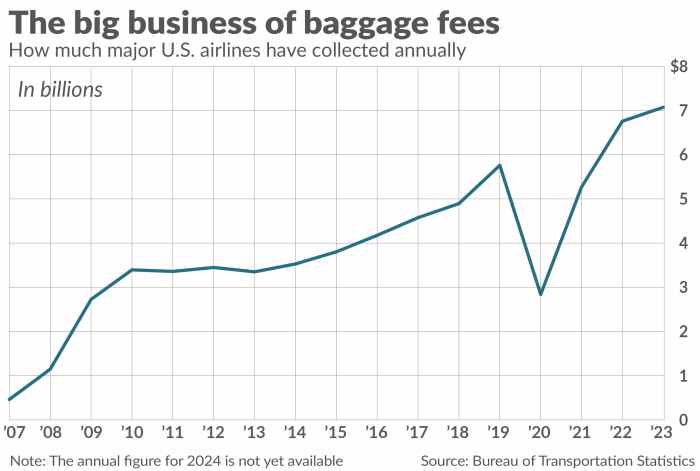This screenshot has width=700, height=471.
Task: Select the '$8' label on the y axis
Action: (x=678, y=68)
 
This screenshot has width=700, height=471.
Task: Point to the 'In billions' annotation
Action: (x=61, y=90)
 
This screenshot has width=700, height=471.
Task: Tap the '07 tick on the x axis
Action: (x=14, y=432)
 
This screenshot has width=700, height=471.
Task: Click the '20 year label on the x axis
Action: (x=540, y=432)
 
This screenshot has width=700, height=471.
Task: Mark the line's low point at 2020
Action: (x=540, y=294)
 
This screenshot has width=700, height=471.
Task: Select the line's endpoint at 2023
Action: (x=662, y=107)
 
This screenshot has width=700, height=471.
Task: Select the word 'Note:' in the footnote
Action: (x=26, y=460)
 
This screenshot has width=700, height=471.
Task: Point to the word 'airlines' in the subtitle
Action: (x=212, y=49)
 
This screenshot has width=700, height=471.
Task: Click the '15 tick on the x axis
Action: (x=336, y=432)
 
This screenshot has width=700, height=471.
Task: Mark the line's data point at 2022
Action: (x=622, y=122)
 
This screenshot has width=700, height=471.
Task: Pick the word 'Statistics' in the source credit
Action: (x=653, y=460)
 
